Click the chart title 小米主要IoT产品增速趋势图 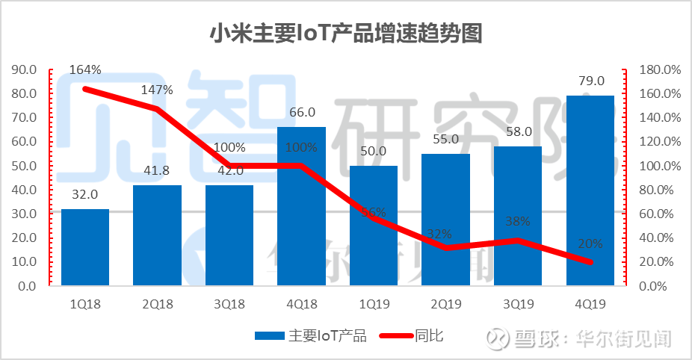345,34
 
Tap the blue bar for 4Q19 590,190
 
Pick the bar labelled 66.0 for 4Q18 302,205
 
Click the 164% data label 85,70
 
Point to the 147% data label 157,90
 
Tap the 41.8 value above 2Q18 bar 157,170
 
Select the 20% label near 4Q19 590,243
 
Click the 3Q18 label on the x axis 229,304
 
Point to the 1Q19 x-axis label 374,304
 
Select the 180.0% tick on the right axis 661,69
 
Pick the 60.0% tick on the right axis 661,214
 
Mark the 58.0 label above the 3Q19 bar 518,131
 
